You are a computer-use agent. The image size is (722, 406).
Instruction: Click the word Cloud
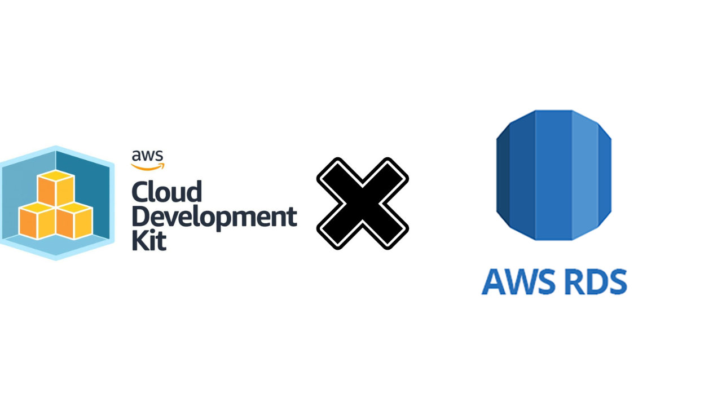click(x=167, y=192)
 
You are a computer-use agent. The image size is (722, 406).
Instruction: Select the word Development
click(x=214, y=218)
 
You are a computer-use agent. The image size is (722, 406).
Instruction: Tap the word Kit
click(x=149, y=240)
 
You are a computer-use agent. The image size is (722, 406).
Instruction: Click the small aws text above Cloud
click(x=148, y=156)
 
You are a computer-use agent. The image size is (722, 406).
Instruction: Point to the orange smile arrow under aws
click(x=148, y=166)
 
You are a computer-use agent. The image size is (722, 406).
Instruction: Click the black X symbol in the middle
click(x=363, y=204)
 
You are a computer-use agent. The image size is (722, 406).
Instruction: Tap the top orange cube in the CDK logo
click(x=56, y=188)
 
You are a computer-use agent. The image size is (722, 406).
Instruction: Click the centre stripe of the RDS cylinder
click(x=554, y=175)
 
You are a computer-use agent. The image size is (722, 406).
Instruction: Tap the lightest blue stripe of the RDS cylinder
click(x=585, y=175)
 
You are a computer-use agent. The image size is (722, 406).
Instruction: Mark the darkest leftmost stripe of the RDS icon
click(x=503, y=175)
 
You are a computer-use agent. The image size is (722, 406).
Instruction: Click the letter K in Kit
click(x=140, y=240)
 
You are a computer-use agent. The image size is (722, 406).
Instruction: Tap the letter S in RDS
click(x=617, y=281)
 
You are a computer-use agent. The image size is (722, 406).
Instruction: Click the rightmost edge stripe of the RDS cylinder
click(x=605, y=175)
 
